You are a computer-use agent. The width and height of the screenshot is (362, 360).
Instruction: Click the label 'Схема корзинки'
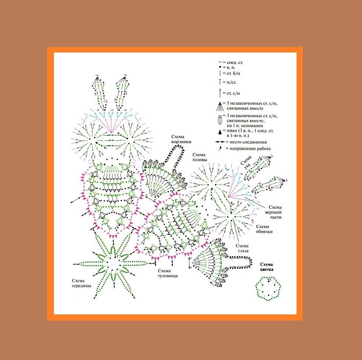pyautogui.click(x=181, y=139)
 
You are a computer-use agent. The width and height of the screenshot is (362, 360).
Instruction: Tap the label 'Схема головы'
pyautogui.click(x=199, y=157)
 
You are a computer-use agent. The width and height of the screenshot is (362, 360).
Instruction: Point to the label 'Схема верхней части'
pyautogui.click(x=275, y=212)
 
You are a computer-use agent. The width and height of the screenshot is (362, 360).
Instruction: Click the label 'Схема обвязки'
pyautogui.click(x=264, y=229)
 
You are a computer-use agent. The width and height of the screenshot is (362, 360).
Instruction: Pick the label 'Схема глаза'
pyautogui.click(x=242, y=248)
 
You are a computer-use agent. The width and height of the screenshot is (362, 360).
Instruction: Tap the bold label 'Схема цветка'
pyautogui.click(x=267, y=267)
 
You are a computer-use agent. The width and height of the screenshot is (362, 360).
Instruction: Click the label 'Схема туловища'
pyautogui.click(x=168, y=273)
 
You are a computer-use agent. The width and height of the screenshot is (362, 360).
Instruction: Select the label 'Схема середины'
pyautogui.click(x=82, y=283)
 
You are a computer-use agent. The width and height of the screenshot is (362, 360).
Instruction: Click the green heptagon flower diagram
pyautogui.click(x=268, y=289)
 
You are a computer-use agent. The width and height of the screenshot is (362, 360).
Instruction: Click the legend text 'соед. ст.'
pyautogui.click(x=235, y=63)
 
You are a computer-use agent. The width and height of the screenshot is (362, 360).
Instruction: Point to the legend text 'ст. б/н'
pyautogui.click(x=233, y=74)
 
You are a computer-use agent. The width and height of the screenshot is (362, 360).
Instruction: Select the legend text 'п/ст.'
pyautogui.click(x=232, y=82)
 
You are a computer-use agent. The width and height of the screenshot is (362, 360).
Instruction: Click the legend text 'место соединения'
pyautogui.click(x=248, y=142)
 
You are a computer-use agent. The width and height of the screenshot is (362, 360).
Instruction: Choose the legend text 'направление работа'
pyautogui.click(x=250, y=149)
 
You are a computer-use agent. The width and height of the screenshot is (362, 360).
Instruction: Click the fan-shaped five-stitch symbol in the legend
pyautogui.click(x=220, y=106)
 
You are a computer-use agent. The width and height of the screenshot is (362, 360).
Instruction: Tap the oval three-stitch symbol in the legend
pyautogui.click(x=220, y=120)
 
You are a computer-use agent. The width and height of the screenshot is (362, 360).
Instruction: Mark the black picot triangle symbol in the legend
pyautogui.click(x=220, y=132)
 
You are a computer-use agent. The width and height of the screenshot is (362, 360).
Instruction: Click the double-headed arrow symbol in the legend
pyautogui.click(x=220, y=142)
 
